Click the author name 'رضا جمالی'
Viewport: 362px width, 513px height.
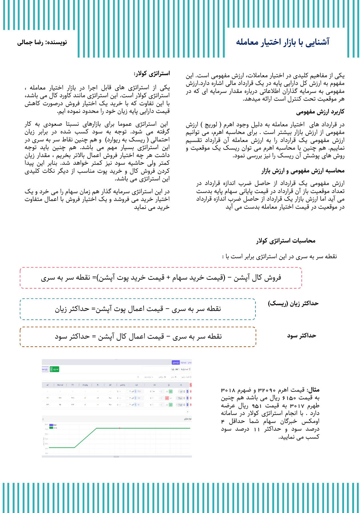(x=30, y=43)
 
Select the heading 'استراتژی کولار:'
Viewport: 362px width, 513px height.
(x=152, y=74)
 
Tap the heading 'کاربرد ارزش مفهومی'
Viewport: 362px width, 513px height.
(x=320, y=112)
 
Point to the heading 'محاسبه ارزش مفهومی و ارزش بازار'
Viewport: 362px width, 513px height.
(x=303, y=171)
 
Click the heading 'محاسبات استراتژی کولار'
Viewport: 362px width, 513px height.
(x=286, y=241)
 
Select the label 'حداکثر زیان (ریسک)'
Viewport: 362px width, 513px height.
(x=293, y=303)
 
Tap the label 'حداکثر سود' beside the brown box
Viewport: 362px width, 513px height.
(x=302, y=336)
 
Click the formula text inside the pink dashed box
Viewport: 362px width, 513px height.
(x=161, y=278)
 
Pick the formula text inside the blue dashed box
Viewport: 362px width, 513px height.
(x=138, y=309)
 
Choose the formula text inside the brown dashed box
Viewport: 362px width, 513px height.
(x=138, y=337)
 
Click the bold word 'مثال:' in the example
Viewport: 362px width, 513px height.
(x=314, y=390)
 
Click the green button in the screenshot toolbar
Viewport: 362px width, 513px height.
(x=54, y=369)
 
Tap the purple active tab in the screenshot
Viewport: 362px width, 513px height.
(x=176, y=363)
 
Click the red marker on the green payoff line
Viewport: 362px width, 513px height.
(x=120, y=428)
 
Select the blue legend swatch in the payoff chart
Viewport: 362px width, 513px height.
(x=51, y=425)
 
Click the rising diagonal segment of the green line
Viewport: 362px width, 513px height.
(x=85, y=438)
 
